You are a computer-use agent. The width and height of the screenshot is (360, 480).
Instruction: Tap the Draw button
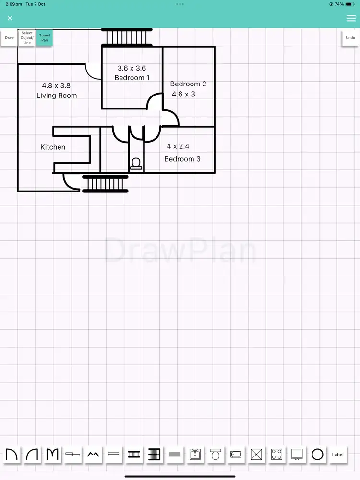coord(10,37)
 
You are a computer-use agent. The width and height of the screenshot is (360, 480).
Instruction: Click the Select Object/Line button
coord(27,38)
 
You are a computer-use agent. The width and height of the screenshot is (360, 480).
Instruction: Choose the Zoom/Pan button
coord(45,37)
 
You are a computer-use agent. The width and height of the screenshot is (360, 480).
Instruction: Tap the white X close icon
coord(10,18)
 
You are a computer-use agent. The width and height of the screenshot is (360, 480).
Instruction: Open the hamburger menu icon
coord(350,18)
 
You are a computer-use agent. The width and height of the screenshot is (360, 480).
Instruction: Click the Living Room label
coord(57,96)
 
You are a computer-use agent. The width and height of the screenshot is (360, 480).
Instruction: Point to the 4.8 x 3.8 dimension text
coord(56,85)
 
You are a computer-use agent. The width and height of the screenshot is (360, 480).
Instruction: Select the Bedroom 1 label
coord(132,78)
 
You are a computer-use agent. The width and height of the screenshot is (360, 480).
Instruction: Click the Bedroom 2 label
coord(188,84)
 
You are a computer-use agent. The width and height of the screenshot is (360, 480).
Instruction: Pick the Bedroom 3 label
coord(182,159)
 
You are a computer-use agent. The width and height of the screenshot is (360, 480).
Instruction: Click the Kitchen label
coord(53,147)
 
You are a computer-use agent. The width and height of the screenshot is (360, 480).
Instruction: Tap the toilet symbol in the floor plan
coord(136,164)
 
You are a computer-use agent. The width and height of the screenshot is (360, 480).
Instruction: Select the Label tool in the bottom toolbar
coord(338,454)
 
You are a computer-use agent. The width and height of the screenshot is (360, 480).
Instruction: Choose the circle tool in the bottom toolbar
coord(317,454)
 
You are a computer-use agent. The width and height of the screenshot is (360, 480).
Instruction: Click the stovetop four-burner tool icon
coord(276,454)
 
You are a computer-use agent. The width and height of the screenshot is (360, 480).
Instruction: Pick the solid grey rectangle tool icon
coord(175,454)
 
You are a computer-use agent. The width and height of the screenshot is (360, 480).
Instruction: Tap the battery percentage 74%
coord(339,4)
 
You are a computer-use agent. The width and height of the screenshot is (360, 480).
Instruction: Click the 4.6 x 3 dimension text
coord(184,94)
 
